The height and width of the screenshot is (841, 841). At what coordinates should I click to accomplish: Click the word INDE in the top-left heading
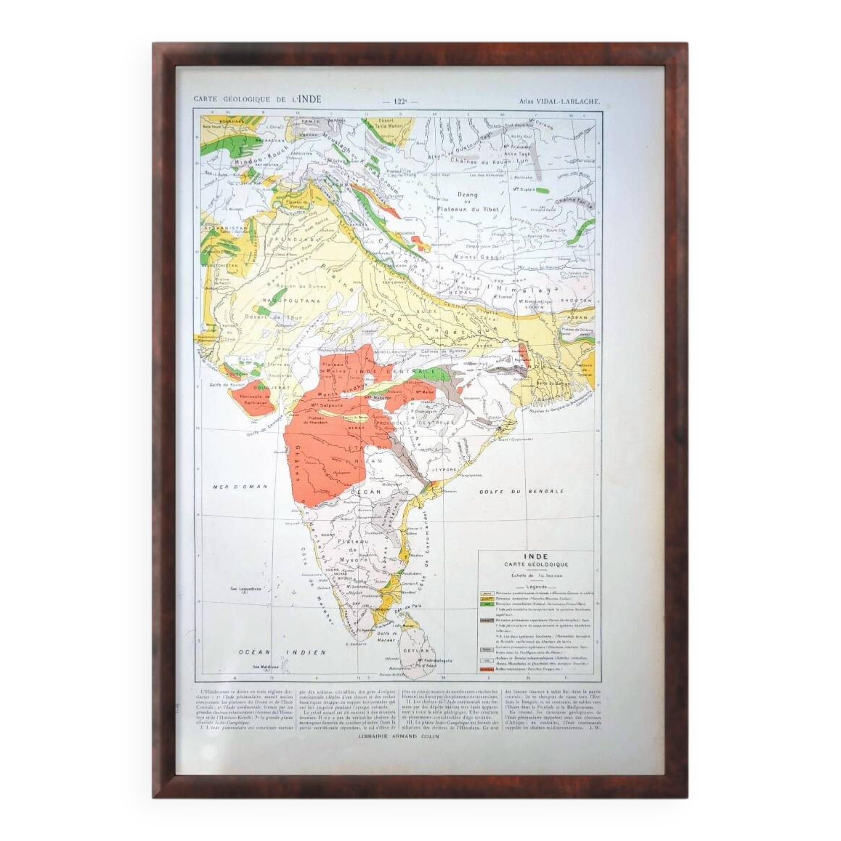309,99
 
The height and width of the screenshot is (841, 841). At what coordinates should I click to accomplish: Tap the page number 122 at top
399,101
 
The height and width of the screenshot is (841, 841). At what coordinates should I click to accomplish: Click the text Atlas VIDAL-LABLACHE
559,101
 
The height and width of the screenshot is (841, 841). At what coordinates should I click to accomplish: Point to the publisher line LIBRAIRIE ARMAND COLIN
398,737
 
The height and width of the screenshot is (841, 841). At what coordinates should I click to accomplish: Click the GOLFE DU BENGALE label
521,492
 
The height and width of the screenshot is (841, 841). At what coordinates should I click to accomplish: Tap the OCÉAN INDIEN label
282,652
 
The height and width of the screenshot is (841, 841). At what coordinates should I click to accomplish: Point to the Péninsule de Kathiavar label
251,399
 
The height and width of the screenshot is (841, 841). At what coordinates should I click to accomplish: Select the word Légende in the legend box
536,587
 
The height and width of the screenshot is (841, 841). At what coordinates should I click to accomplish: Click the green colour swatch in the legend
486,604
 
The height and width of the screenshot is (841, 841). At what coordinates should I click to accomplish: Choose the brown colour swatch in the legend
486,620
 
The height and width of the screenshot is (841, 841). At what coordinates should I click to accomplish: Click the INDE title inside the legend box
536,556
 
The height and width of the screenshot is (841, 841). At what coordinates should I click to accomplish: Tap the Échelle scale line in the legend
536,576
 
